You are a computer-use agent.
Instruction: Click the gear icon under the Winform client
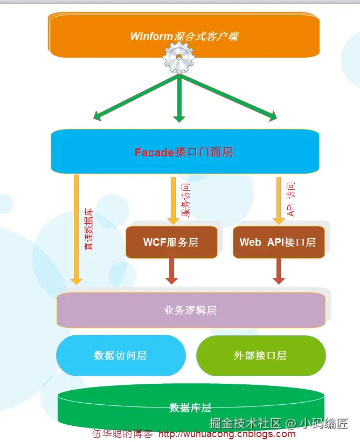(x=179, y=58)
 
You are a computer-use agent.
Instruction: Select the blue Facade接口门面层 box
(x=184, y=151)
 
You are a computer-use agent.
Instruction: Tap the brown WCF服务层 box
(x=171, y=242)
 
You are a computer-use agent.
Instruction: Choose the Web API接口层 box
(x=278, y=242)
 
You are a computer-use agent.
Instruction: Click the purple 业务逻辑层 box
(x=190, y=310)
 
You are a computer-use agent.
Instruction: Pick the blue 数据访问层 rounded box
(x=120, y=355)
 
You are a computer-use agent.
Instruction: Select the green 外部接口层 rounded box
(x=260, y=355)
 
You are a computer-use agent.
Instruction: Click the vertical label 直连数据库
(x=89, y=229)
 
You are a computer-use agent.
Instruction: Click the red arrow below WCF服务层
(x=171, y=271)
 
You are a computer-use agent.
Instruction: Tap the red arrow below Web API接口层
(x=279, y=271)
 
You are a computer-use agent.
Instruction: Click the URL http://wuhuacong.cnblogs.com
(x=227, y=434)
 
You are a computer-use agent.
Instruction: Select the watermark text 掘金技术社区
(x=245, y=423)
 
